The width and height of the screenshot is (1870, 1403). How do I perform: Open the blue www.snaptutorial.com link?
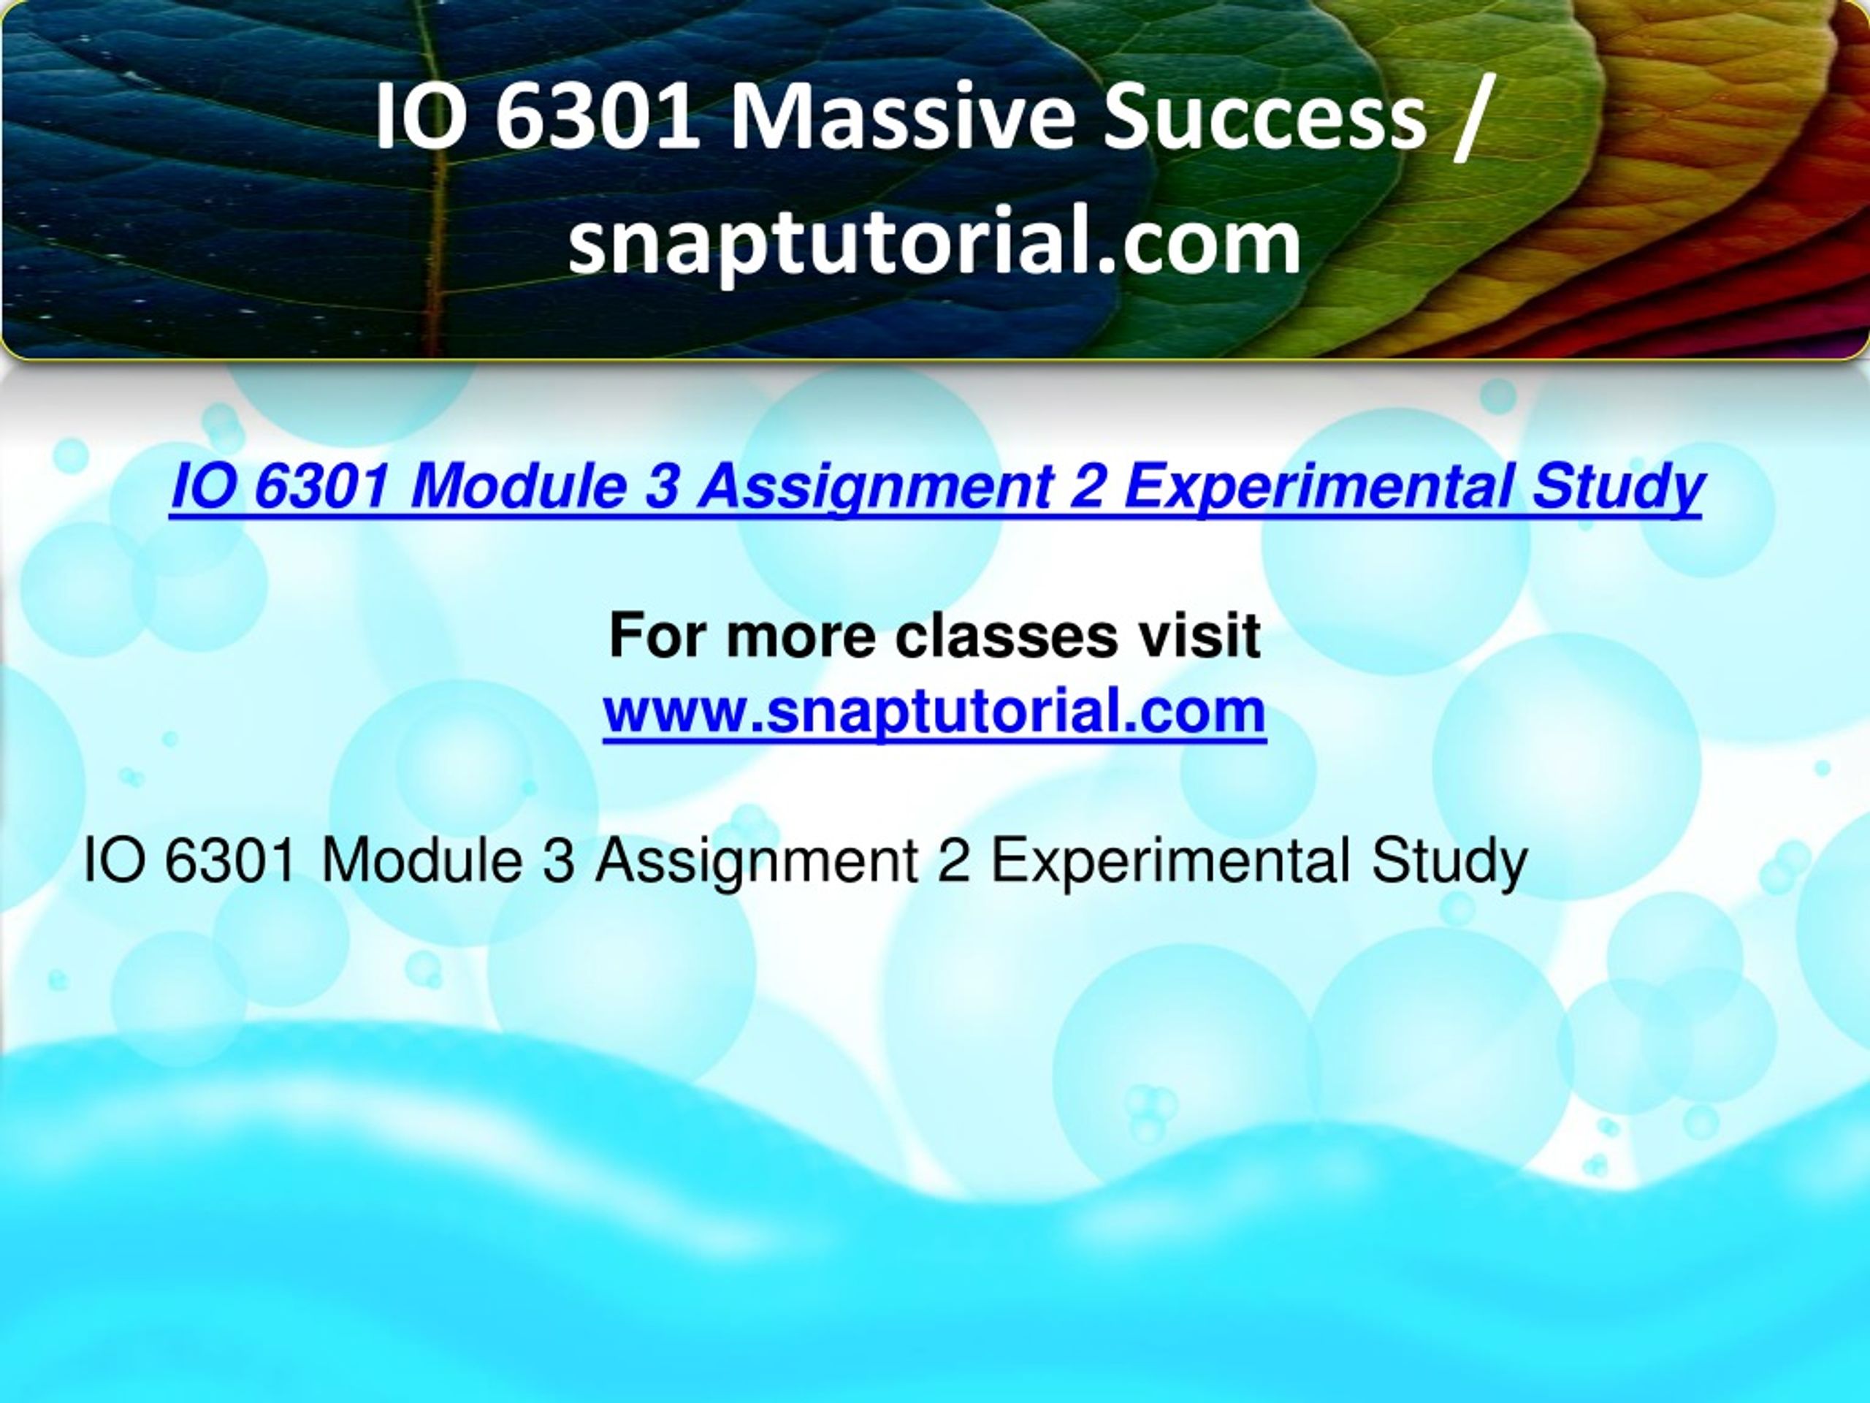pos(934,710)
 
